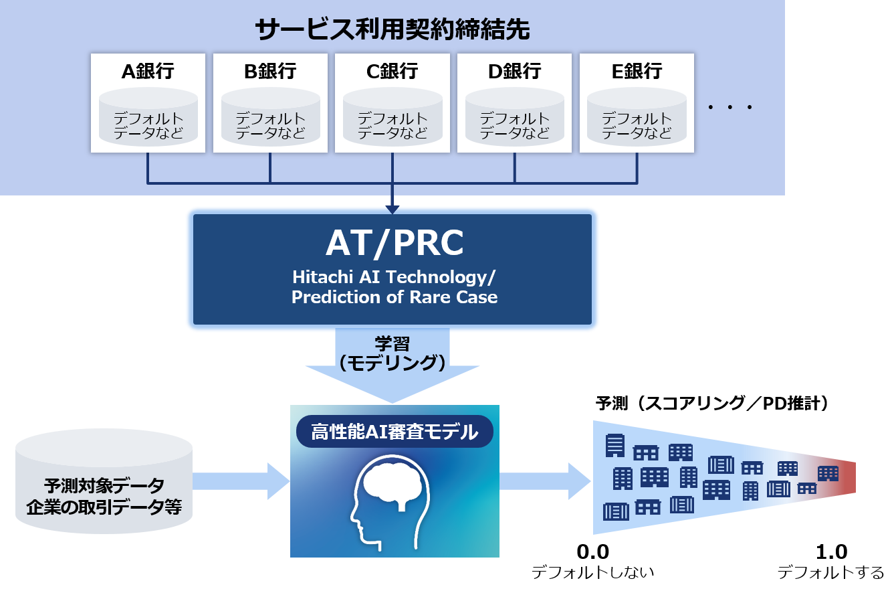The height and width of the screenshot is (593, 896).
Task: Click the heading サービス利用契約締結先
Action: [392, 29]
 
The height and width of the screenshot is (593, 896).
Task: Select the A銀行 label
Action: [148, 71]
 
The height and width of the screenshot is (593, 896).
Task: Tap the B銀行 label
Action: [270, 71]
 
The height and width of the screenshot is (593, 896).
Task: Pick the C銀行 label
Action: [393, 71]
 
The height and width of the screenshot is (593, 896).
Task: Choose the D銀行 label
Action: [514, 71]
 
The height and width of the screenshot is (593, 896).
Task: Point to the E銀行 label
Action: [637, 71]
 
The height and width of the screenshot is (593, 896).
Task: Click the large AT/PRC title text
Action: [395, 244]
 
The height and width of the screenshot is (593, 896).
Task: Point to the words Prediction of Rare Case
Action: [395, 297]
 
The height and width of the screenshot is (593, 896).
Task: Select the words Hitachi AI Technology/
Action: [395, 277]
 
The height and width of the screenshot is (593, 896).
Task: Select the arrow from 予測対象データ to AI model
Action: [241, 481]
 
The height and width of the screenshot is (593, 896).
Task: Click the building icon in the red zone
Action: [828, 473]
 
